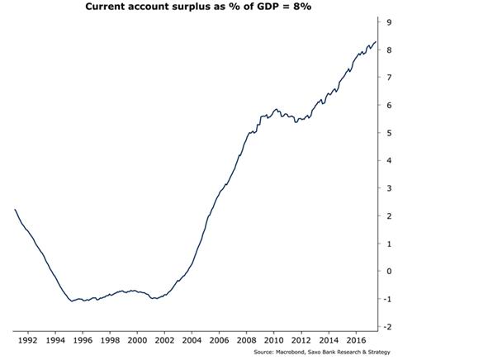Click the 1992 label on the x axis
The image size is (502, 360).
(27, 339)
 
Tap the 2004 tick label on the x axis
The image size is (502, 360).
(192, 339)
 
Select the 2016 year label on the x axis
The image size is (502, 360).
(356, 339)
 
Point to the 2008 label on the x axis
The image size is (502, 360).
(246, 339)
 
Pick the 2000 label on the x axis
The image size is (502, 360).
(137, 339)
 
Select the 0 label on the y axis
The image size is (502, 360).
(388, 272)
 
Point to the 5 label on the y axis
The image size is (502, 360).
(388, 133)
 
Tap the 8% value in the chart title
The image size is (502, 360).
(308, 7)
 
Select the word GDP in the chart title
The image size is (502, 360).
(271, 7)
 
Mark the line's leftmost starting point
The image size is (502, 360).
(16, 210)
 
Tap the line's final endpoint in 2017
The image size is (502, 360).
(376, 42)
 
